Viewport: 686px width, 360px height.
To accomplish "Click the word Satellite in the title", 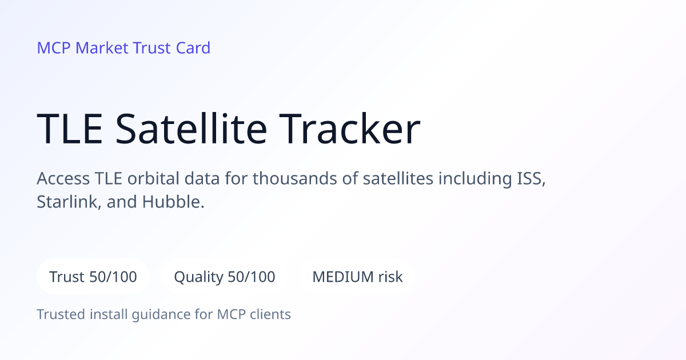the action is (x=192, y=129).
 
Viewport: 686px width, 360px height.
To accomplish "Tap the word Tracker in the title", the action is (x=350, y=129).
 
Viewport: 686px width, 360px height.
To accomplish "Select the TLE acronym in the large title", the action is (x=70, y=129).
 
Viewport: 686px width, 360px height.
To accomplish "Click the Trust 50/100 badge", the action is (x=93, y=277).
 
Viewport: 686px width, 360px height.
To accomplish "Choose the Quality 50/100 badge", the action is (x=225, y=277).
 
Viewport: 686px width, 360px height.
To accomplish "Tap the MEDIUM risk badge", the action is (x=357, y=277).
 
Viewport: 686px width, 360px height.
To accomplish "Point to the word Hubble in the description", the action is (x=173, y=202).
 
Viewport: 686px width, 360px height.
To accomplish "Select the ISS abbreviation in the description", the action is (x=531, y=178).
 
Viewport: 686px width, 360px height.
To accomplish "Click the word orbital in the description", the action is (x=153, y=178).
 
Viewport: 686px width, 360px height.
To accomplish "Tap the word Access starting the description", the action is (x=63, y=178).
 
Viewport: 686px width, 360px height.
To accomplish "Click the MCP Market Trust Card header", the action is (x=123, y=48).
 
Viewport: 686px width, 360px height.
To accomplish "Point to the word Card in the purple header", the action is (x=193, y=48).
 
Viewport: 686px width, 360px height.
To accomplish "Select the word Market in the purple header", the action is (x=102, y=48).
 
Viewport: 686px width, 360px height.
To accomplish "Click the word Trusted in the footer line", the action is (x=61, y=314).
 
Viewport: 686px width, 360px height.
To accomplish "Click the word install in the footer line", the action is (x=109, y=314).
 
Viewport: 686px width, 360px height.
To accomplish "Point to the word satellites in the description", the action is (x=398, y=178).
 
